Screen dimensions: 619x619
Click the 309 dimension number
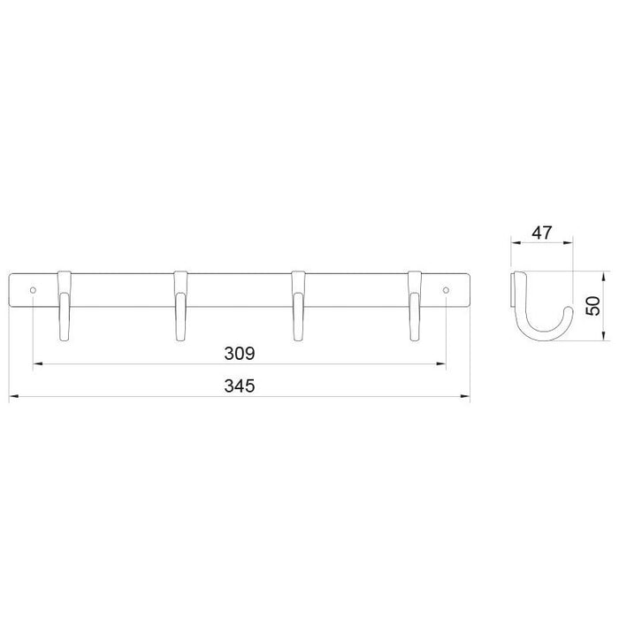[x=240, y=354]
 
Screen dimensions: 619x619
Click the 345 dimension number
[x=240, y=386]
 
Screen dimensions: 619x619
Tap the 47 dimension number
[x=541, y=233]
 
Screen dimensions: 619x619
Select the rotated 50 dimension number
[x=593, y=306]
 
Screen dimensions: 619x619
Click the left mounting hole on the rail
[x=34, y=290]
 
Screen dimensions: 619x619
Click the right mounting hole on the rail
[x=446, y=290]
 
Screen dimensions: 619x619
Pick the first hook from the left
[x=65, y=306]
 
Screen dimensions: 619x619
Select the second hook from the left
[x=180, y=306]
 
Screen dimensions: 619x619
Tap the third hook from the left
[x=298, y=306]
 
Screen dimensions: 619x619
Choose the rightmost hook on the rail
[x=415, y=306]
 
